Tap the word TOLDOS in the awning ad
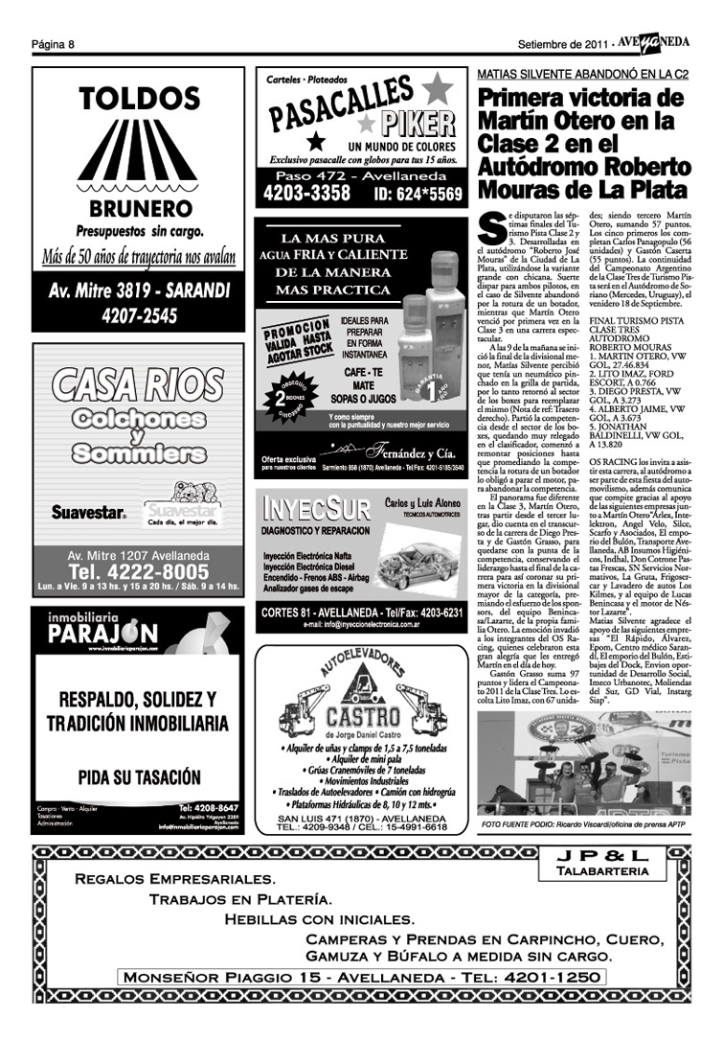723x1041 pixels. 139,100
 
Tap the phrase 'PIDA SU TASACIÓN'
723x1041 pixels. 139,772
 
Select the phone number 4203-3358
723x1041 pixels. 306,194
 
